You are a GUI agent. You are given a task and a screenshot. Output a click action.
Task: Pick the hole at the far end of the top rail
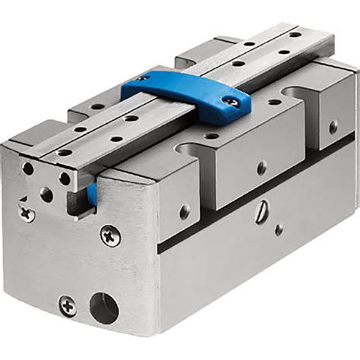pos(293,33)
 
